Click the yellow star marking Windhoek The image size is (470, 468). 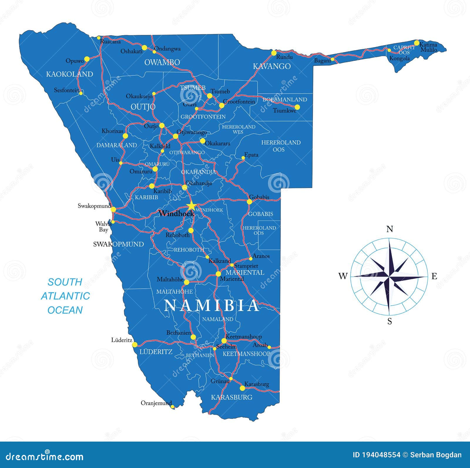tap(191, 206)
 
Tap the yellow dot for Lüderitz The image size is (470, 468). tap(135, 344)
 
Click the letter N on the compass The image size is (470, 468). tap(390, 229)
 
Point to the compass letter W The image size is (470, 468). tap(343, 276)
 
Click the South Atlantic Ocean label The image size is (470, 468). tap(65, 296)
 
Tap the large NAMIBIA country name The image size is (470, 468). tap(211, 305)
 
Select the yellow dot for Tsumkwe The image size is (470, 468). tap(297, 107)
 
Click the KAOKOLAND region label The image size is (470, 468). tap(69, 74)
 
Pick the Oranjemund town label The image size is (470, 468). tap(156, 403)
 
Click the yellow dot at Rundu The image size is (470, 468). tap(274, 53)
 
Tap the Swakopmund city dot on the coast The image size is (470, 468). tap(113, 209)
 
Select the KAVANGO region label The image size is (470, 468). tap(272, 66)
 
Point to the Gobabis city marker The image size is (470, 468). tap(249, 202)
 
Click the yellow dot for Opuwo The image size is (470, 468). tap(87, 59)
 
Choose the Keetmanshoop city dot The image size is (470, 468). tap(224, 341)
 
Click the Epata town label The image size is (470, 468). tap(251, 155)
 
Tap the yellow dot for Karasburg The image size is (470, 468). tap(242, 388)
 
